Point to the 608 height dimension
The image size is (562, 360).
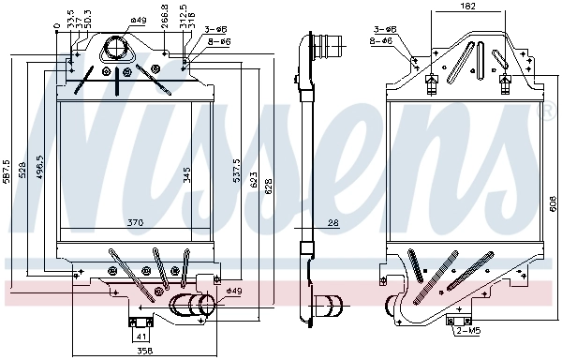click(x=553, y=202)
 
